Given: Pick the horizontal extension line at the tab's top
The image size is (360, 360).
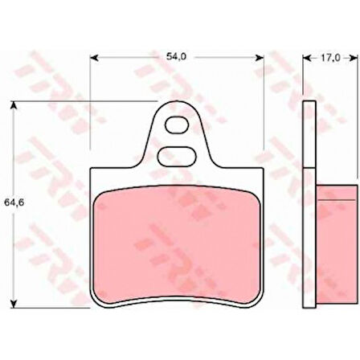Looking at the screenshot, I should tap(80, 103).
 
